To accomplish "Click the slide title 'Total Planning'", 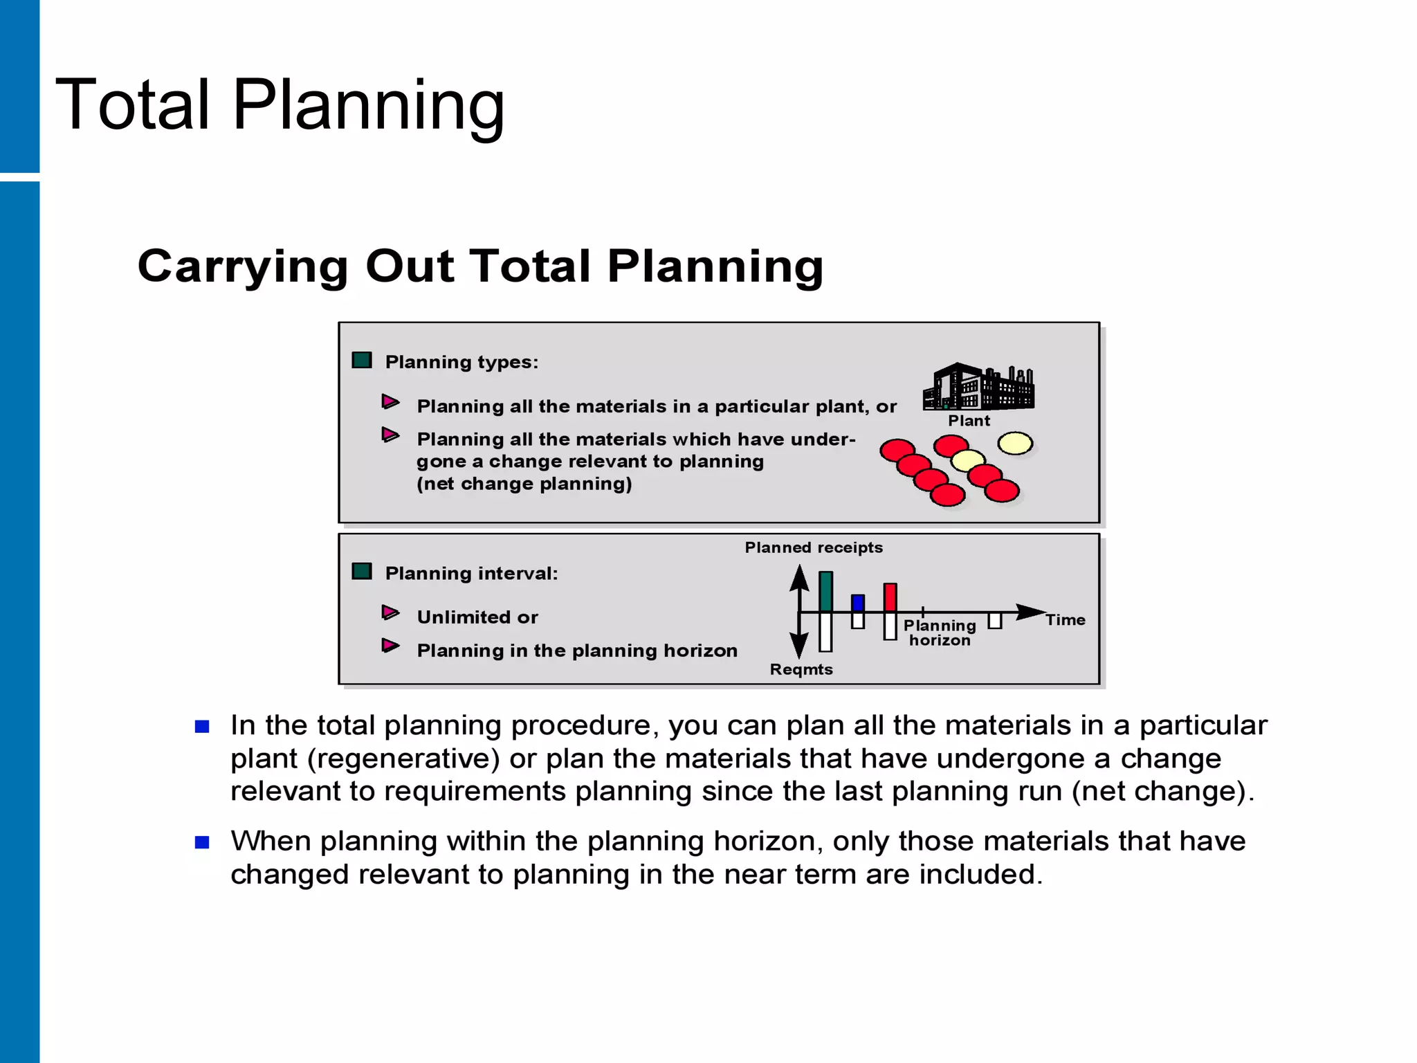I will [280, 105].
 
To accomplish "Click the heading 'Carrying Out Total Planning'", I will [480, 266].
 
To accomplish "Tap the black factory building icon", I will [978, 388].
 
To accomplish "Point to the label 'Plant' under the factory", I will [969, 421].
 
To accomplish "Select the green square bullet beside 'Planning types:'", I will [362, 361].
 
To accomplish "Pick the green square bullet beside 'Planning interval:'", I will [362, 572].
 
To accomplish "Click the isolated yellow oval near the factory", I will [1015, 444].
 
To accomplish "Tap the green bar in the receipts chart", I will [825, 591].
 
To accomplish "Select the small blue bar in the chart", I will [858, 603].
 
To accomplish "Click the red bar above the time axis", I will [890, 597].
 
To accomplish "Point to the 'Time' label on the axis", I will [1065, 620].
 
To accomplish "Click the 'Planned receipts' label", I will [814, 547].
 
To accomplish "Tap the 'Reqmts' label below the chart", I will [801, 669].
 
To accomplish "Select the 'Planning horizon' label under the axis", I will [940, 633].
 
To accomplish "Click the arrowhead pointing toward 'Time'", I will [1030, 612].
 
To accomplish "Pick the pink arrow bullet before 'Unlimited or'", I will [391, 613].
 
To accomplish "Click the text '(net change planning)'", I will [524, 484].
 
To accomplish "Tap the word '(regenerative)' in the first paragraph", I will [403, 758].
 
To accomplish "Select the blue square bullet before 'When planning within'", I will [202, 842].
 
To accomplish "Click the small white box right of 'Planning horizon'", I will [995, 620].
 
